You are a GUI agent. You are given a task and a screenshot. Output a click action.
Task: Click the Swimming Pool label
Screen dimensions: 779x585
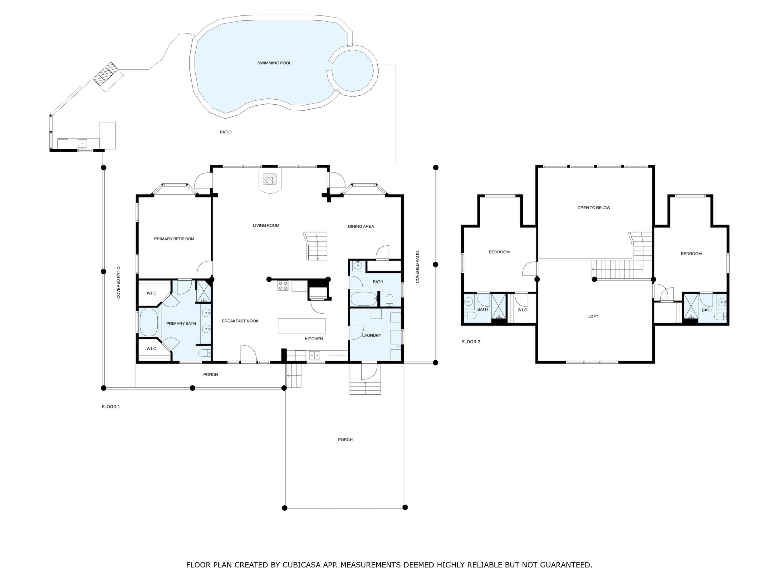pos(274,63)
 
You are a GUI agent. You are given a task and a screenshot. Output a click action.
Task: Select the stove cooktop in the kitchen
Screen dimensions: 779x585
pos(283,286)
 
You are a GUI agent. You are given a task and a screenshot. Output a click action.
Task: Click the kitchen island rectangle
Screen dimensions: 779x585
pos(302,326)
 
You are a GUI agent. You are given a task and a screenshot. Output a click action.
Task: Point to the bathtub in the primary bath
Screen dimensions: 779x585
pos(149,322)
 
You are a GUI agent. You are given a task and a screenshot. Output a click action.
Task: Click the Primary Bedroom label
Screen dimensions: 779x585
pos(174,239)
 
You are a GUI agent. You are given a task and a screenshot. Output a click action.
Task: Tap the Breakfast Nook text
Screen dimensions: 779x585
pos(240,321)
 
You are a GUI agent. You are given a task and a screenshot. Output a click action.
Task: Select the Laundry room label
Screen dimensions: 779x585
pos(371,335)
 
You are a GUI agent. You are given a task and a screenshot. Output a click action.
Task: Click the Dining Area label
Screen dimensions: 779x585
pos(361,226)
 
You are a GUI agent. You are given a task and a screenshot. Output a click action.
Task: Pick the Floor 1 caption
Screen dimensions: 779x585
pos(111,407)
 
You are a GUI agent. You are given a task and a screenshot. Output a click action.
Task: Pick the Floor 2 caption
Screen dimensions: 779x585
pos(471,342)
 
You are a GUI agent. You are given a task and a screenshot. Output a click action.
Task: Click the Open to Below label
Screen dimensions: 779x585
pos(594,208)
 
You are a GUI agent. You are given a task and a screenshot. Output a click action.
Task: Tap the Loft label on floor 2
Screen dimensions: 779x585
pos(593,317)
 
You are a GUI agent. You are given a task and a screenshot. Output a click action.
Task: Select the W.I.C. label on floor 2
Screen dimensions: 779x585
pos(523,310)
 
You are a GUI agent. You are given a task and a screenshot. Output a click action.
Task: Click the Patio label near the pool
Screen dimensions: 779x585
pos(226,132)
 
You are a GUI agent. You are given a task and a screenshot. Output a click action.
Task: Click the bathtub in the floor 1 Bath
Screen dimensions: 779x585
pos(365,299)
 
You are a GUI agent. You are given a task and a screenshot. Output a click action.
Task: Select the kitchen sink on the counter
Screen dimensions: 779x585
pos(315,354)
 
